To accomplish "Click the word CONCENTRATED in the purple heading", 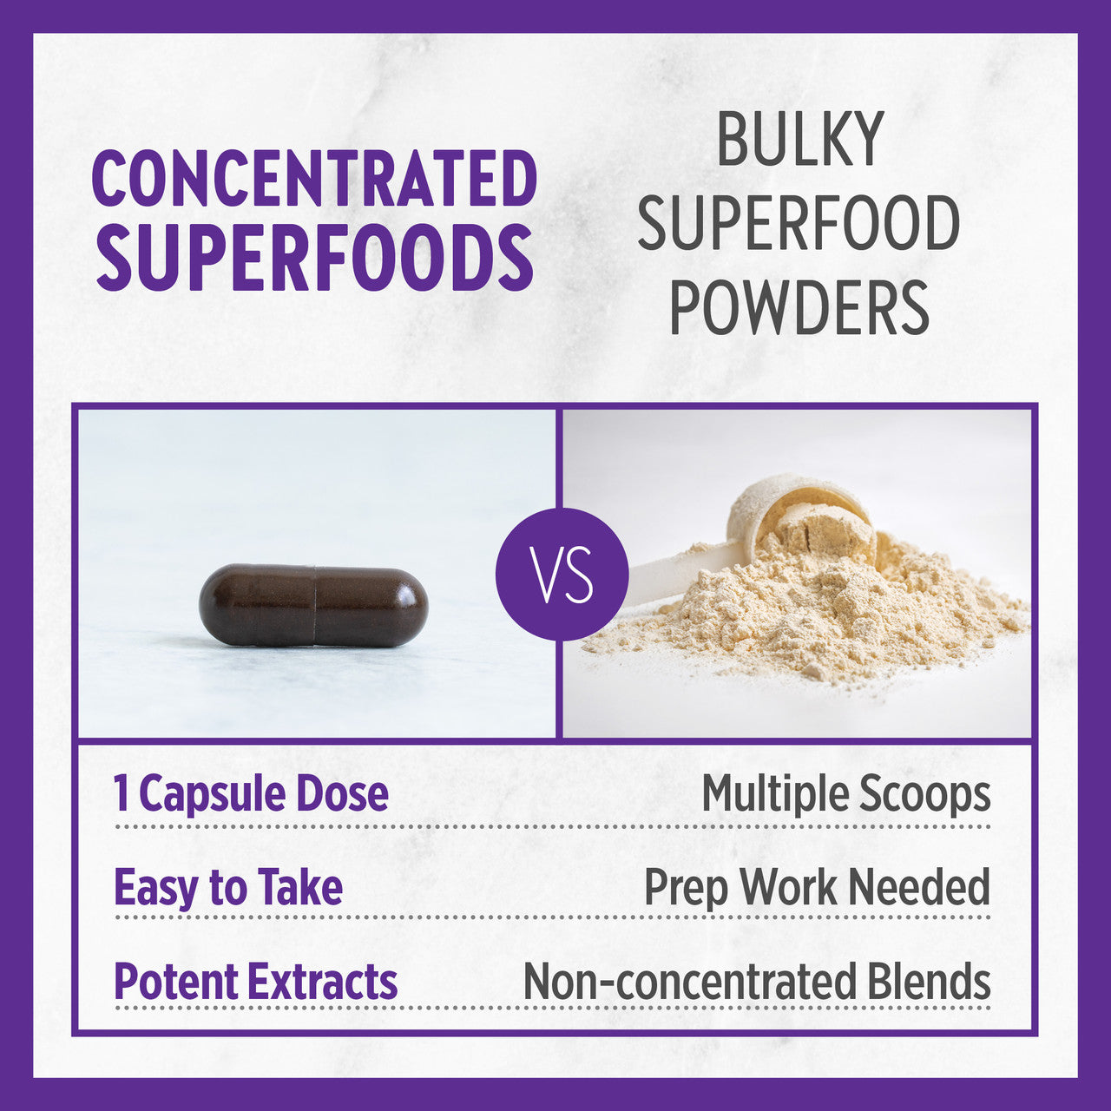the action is pos(314,178).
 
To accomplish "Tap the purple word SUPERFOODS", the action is pos(314,257).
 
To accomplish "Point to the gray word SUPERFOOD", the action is pos(799,222).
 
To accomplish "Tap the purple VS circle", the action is pos(562,574).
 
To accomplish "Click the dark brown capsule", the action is pos(313,605).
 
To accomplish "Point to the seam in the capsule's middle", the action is pos(315,605).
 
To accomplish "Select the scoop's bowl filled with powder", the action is pos(801,522).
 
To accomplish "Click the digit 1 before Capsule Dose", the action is pos(121,793).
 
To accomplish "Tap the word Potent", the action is pos(174,981).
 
